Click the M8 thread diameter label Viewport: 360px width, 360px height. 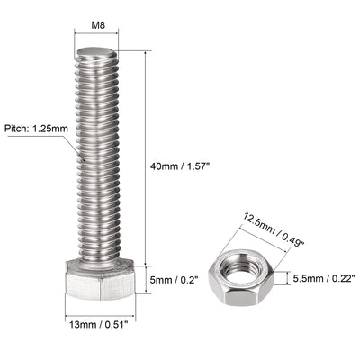point(94,26)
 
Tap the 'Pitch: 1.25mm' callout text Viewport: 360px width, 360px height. point(38,129)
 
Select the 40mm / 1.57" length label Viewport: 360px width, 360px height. point(183,165)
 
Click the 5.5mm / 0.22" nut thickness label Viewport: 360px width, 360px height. point(324,280)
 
